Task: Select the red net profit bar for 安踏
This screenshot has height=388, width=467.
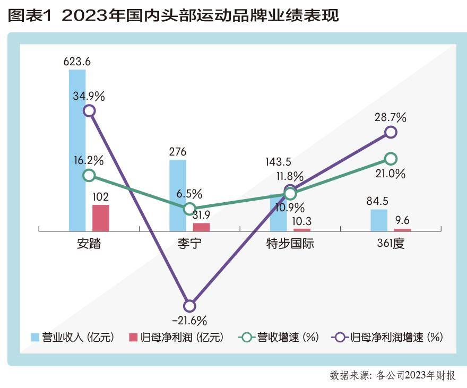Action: point(101,218)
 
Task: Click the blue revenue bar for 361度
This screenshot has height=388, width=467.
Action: point(378,220)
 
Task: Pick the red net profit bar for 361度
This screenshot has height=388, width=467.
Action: point(402,229)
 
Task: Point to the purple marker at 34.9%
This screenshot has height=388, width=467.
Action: point(89,110)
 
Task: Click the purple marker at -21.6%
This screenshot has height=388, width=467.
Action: point(189,306)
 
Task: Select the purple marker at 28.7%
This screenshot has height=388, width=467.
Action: point(391,132)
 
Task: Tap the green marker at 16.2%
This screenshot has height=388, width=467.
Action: point(89,176)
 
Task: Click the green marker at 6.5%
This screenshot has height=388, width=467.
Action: point(189,209)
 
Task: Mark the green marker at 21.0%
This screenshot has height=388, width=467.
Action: point(391,158)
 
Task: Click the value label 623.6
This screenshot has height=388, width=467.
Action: point(77,61)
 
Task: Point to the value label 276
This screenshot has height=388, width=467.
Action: point(178,152)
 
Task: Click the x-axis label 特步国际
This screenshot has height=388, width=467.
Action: point(290,245)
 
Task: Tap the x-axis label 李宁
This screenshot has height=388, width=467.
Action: point(189,245)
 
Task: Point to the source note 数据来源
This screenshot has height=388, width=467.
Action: point(392,376)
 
